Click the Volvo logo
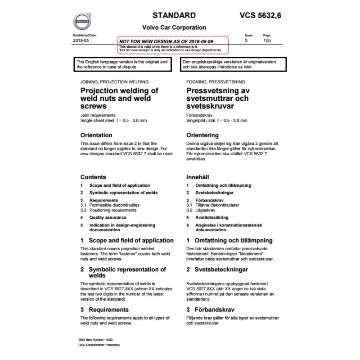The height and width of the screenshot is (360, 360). [82, 21]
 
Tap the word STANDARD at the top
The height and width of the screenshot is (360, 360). [174, 16]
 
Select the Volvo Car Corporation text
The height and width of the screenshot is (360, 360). [174, 27]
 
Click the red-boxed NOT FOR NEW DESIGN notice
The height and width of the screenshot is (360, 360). [173, 45]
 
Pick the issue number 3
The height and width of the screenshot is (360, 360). [246, 40]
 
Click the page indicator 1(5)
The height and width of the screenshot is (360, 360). [267, 40]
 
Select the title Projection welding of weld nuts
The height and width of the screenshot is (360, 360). [119, 99]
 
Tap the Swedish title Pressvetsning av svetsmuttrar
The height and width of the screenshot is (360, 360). [220, 99]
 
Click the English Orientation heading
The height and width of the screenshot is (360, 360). [96, 135]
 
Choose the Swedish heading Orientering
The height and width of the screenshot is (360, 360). [202, 135]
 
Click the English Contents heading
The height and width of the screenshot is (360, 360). [93, 177]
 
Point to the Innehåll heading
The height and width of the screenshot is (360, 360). [198, 177]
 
